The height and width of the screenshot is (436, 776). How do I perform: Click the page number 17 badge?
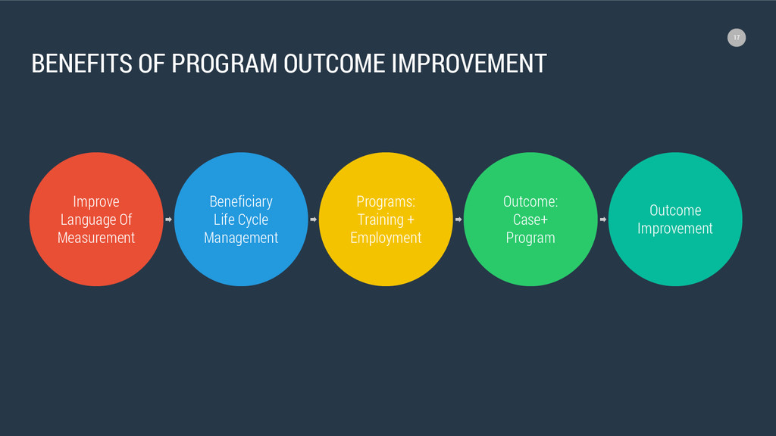click(737, 38)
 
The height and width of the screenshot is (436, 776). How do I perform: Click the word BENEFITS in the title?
click(82, 64)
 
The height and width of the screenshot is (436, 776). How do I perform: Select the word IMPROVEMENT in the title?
click(469, 64)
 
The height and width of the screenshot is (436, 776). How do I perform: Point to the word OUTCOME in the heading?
click(334, 64)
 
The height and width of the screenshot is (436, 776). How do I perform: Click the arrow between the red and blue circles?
click(168, 220)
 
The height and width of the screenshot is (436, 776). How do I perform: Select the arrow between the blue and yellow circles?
click(313, 220)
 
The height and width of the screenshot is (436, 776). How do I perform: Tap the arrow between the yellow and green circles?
click(458, 220)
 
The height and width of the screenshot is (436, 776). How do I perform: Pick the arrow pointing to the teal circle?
click(602, 220)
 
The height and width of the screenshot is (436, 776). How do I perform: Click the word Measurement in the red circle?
click(96, 238)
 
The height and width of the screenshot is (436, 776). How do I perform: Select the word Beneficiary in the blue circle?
click(241, 202)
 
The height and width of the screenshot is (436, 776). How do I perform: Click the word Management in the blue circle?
click(241, 238)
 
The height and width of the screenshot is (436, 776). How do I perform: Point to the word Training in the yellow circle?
click(380, 220)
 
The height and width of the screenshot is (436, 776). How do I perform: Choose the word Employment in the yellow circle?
click(386, 238)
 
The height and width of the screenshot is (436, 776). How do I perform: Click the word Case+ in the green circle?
click(530, 220)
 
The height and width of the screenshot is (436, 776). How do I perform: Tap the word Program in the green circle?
click(530, 238)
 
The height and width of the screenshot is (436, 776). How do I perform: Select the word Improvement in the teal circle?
click(675, 229)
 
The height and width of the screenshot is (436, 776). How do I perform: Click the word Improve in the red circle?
click(96, 202)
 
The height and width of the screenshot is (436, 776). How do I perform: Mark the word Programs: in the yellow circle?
click(386, 202)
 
